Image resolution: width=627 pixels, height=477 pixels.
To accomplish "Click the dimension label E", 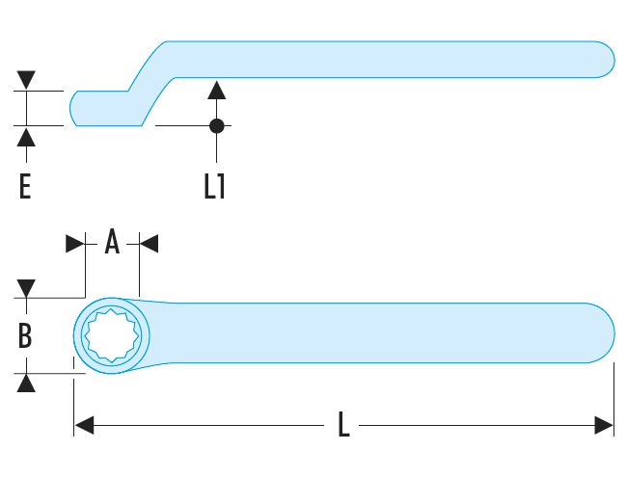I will [x=25, y=185].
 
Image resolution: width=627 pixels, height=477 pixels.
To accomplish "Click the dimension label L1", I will [x=214, y=185].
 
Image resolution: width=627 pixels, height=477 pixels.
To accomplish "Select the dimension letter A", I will [x=112, y=243].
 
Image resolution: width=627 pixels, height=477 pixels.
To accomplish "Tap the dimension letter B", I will [x=25, y=336].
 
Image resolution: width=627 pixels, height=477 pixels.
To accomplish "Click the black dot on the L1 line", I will [x=217, y=125].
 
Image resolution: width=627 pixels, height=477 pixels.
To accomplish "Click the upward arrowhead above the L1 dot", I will [x=217, y=92].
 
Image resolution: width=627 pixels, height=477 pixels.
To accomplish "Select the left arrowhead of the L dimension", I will [x=84, y=425].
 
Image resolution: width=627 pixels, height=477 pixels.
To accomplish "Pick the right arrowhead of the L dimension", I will [x=604, y=425].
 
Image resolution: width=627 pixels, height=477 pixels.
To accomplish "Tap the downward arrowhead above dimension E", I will [x=26, y=80].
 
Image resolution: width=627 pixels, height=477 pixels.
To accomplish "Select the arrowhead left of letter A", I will [x=75, y=243].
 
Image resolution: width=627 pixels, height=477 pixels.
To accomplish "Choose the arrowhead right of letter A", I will [x=150, y=243].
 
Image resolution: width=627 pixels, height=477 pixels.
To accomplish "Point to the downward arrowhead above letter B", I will [x=26, y=288].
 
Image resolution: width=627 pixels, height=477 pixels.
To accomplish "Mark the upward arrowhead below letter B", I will [x=26, y=383].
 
